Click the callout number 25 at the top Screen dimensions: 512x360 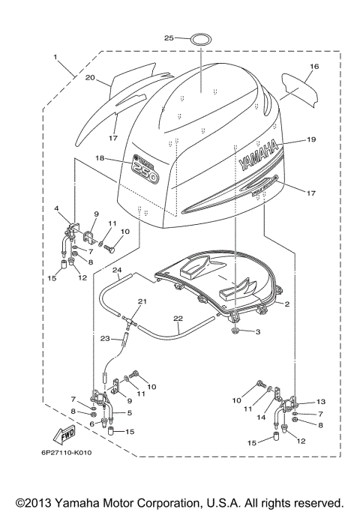169,37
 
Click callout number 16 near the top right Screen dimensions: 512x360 314,67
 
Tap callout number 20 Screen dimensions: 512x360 89,78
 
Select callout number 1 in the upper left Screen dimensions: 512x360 55,57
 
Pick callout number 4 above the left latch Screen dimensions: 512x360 55,208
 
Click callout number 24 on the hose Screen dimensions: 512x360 117,269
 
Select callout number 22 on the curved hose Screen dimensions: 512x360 178,318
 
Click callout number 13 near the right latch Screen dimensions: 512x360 322,402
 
